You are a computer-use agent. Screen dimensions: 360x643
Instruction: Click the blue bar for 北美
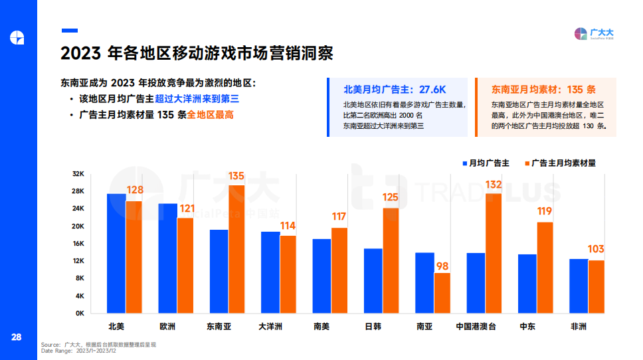pyautogui.click(x=116, y=253)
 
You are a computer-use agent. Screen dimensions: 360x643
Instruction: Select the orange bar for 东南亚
pyautogui.click(x=236, y=249)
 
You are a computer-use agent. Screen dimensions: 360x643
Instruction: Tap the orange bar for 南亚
pyautogui.click(x=442, y=293)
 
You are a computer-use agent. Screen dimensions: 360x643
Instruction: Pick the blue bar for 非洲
pyautogui.click(x=579, y=286)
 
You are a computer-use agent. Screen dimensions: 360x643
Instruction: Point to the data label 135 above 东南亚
pyautogui.click(x=236, y=176)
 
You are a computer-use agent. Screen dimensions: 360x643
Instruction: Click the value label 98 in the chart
pyautogui.click(x=442, y=266)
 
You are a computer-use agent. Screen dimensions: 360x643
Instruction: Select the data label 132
pyautogui.click(x=494, y=184)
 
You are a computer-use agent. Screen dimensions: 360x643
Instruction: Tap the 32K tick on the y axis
pyautogui.click(x=78, y=174)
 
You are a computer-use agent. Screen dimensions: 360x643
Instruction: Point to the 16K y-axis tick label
pyautogui.click(x=78, y=244)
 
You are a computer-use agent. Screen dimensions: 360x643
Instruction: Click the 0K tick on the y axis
pyautogui.click(x=78, y=313)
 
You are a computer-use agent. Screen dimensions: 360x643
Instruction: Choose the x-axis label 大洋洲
pyautogui.click(x=270, y=327)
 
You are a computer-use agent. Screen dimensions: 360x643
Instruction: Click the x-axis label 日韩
pyautogui.click(x=373, y=327)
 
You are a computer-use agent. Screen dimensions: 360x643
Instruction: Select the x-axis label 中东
pyautogui.click(x=527, y=327)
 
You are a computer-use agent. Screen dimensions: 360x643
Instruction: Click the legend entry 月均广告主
pyautogui.click(x=486, y=163)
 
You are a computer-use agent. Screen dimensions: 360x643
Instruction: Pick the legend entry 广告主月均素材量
pyautogui.click(x=562, y=163)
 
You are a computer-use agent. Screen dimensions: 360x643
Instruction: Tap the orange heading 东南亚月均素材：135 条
pyautogui.click(x=543, y=89)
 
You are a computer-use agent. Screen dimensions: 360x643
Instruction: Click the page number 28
pyautogui.click(x=16, y=337)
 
